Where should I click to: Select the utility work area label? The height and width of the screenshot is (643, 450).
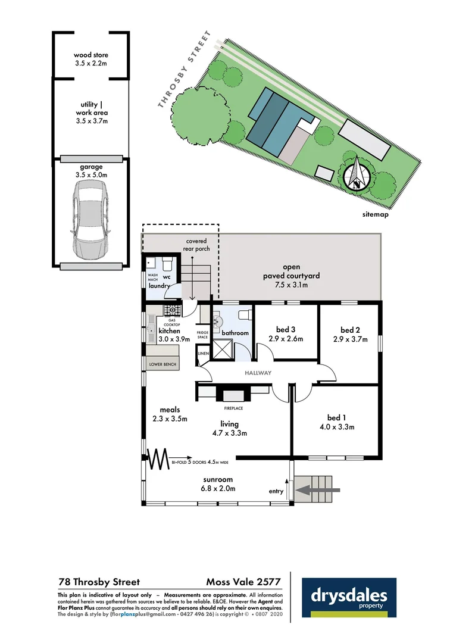click(92, 113)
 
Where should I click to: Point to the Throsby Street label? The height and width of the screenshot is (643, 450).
click(185, 70)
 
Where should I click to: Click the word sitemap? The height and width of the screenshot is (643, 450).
click(376, 214)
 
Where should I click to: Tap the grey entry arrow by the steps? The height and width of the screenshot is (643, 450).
click(318, 490)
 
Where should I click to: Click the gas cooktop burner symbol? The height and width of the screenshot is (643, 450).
click(172, 310)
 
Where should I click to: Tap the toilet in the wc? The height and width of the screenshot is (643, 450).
click(167, 263)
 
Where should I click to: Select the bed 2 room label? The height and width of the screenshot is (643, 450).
click(351, 330)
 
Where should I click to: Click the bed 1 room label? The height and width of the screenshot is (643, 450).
click(337, 417)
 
